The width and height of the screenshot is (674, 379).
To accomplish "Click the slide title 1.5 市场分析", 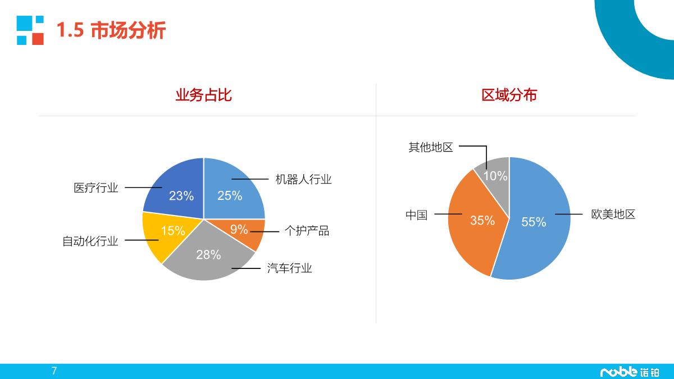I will [x=111, y=30].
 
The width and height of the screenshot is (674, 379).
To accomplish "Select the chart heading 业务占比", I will [x=203, y=95].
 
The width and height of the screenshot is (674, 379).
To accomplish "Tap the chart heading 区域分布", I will [x=509, y=95].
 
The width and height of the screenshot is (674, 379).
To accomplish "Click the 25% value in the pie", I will [x=230, y=195].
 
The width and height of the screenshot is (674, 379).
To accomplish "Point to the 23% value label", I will [x=181, y=196].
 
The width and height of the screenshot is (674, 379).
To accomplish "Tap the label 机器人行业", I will [x=303, y=180].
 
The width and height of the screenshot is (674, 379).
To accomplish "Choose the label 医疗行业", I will [x=96, y=188].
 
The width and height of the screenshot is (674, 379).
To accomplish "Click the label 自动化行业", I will [x=90, y=241].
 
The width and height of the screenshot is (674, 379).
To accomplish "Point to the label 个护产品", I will [x=307, y=231].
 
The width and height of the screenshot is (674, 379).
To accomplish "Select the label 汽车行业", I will [x=289, y=268].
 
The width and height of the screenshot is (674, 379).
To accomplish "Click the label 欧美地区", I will [x=613, y=214].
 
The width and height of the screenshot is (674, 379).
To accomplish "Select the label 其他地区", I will [x=430, y=147].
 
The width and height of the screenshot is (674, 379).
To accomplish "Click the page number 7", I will [x=54, y=371].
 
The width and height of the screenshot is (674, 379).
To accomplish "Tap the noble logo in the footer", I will [x=630, y=372].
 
